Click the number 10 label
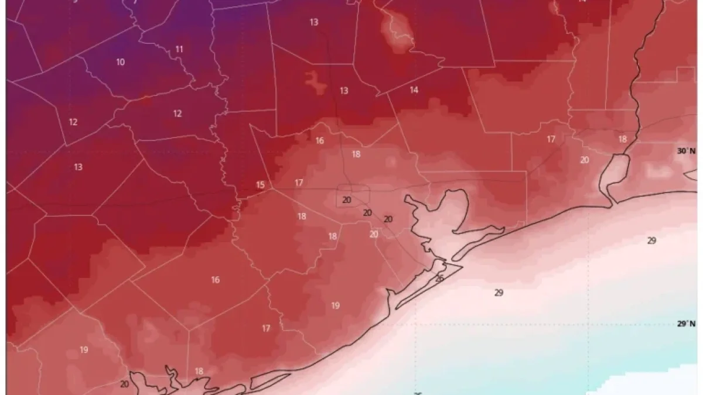(x=120, y=62)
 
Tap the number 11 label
(x=179, y=50)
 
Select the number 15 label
(x=260, y=186)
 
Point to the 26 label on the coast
(x=439, y=279)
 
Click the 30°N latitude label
(x=686, y=151)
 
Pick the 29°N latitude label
(x=686, y=324)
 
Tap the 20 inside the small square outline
(x=347, y=200)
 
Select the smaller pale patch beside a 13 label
(x=316, y=81)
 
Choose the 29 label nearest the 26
(x=499, y=293)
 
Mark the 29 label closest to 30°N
(x=651, y=241)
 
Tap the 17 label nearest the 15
(x=299, y=183)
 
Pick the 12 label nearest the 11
(x=178, y=114)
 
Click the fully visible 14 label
(x=414, y=90)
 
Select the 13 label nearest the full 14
(x=344, y=91)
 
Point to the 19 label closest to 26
(x=335, y=305)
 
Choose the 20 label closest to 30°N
(x=585, y=160)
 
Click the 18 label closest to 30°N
(x=622, y=139)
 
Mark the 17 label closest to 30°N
(x=551, y=139)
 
